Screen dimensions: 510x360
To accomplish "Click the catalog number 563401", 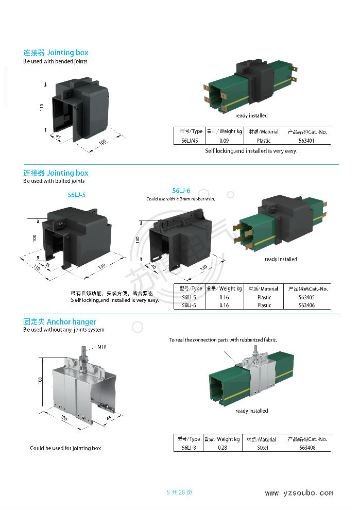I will point(306,140).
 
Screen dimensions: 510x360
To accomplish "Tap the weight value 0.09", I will point(224,140).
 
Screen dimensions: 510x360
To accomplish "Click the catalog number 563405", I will point(306,297).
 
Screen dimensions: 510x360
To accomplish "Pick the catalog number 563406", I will point(306,305).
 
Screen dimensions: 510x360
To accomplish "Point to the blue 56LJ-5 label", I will point(77,195).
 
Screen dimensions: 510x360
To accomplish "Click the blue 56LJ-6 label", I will point(181,191).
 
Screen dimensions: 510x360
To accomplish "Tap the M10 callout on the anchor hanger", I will point(101,347).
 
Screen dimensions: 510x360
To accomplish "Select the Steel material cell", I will point(263,448).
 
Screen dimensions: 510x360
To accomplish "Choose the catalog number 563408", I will point(306,448).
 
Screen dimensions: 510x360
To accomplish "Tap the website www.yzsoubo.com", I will point(299,493).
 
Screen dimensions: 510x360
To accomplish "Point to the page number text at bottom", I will point(180,492).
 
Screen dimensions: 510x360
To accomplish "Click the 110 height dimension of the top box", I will point(41,107).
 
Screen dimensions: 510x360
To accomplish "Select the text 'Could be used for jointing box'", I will point(65,448).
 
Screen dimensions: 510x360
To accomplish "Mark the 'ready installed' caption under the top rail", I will point(251,115).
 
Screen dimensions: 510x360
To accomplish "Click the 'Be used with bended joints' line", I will point(55,61).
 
